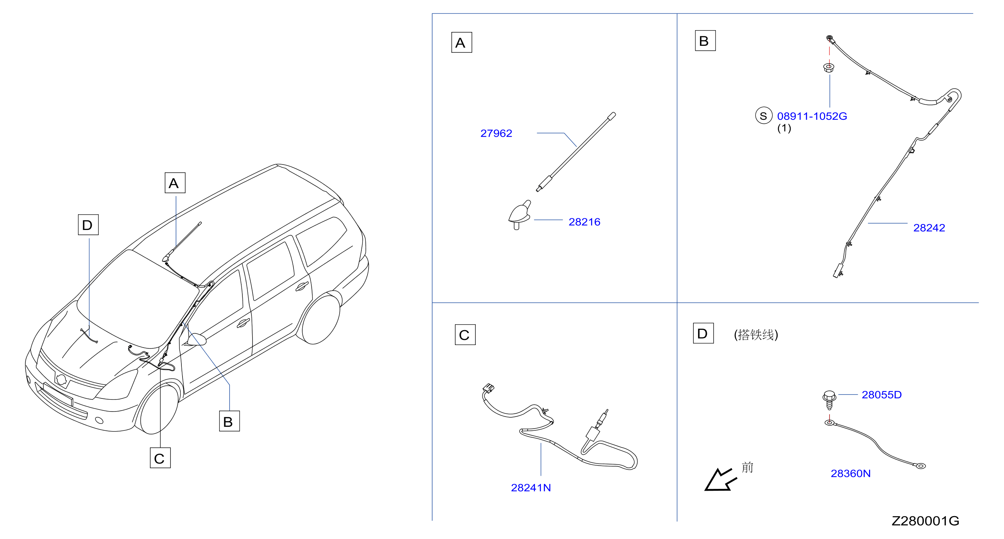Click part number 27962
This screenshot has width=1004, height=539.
(496, 133)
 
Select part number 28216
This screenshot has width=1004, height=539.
(584, 222)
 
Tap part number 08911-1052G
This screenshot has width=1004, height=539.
(812, 116)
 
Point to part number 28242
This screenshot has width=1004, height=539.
(929, 228)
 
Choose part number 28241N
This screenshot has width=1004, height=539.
(531, 487)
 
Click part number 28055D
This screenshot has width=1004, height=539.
(882, 395)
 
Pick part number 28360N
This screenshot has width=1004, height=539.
(851, 474)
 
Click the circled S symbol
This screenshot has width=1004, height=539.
(763, 116)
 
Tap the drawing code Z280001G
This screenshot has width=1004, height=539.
(925, 521)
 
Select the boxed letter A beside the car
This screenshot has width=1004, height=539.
(175, 183)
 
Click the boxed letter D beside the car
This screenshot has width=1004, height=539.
(88, 225)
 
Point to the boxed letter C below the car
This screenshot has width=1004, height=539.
(160, 458)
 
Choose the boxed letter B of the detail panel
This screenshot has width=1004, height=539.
(705, 41)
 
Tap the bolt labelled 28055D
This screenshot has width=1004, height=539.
(829, 400)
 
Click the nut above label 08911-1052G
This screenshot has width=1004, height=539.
(829, 68)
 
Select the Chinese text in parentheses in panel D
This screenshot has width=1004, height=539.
(756, 335)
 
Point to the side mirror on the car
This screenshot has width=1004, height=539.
(196, 339)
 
